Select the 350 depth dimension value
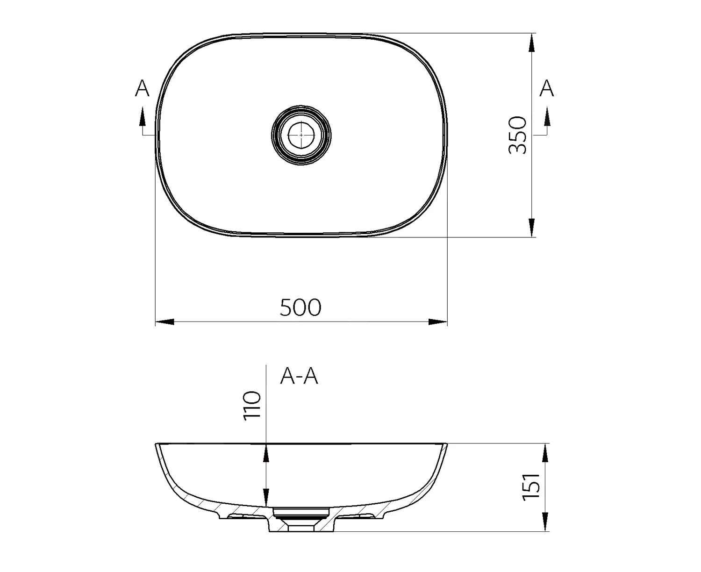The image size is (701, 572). pyautogui.click(x=518, y=135)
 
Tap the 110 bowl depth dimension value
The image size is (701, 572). pyautogui.click(x=252, y=406)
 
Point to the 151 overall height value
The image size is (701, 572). pyautogui.click(x=531, y=487)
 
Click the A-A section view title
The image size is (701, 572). pyautogui.click(x=299, y=377)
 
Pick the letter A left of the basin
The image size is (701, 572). pyautogui.click(x=142, y=88)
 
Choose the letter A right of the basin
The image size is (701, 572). pyautogui.click(x=546, y=88)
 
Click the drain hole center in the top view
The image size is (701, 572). pyautogui.click(x=301, y=135)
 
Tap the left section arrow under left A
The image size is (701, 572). pyautogui.click(x=142, y=116)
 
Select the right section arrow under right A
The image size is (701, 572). pyautogui.click(x=547, y=116)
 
